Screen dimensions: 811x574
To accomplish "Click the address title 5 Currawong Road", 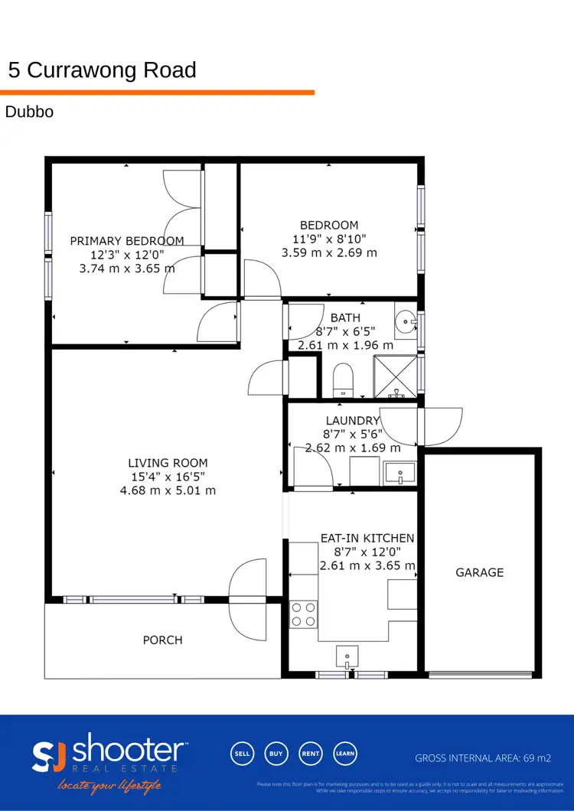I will click(102, 70).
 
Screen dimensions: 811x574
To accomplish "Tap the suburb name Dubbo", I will click(29, 112).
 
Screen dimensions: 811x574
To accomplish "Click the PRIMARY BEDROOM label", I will click(127, 240).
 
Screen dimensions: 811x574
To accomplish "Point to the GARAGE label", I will click(480, 572).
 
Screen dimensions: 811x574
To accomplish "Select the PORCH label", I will click(162, 640).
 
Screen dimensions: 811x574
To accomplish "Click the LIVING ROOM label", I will click(168, 463).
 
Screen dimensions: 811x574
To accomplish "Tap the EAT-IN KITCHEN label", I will click(367, 538).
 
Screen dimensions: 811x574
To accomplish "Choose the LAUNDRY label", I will click(353, 420).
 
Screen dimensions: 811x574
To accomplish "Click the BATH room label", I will click(345, 318).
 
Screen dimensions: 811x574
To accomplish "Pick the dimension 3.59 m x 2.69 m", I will click(329, 252).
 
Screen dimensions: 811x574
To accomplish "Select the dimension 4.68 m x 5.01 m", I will click(168, 490).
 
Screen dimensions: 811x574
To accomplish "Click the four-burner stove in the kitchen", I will click(304, 614).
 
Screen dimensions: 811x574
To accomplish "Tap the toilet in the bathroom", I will click(343, 379).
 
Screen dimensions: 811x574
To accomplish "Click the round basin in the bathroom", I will click(406, 322).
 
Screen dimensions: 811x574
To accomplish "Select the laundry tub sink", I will click(399, 474).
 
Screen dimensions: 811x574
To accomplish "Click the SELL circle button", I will click(242, 754).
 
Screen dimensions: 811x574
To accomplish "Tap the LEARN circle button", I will click(345, 754).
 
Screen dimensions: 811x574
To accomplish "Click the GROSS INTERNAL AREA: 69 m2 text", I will click(482, 758).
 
